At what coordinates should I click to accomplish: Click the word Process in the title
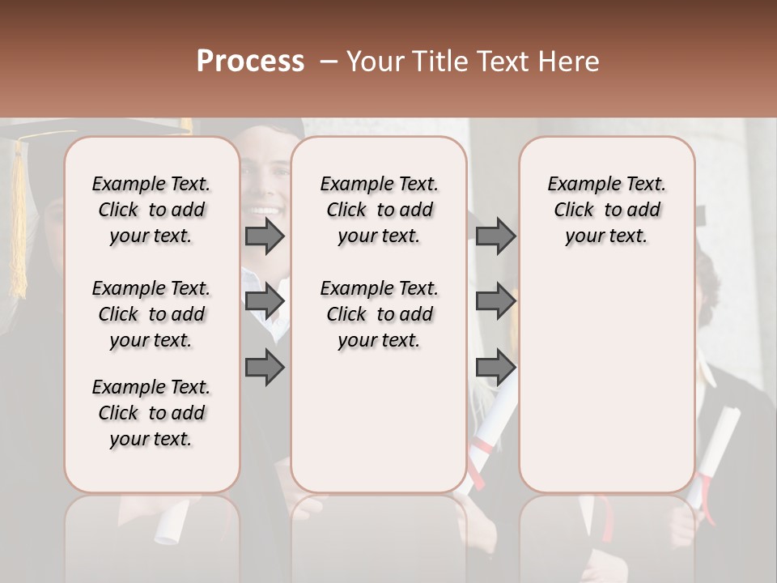point(250,62)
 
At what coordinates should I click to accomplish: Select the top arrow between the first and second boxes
point(265,236)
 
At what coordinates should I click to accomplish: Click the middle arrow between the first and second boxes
point(265,302)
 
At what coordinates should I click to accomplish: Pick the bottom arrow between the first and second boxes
point(265,368)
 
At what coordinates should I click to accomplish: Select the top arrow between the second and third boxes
point(495,236)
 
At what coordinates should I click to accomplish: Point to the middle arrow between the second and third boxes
point(495,302)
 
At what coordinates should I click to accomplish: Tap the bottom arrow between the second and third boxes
point(495,368)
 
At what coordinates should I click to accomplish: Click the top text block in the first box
point(151,210)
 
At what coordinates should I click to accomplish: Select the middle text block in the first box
point(151,314)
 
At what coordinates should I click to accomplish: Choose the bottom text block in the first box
point(151,413)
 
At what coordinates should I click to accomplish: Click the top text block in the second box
point(380,210)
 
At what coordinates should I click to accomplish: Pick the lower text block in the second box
point(380,314)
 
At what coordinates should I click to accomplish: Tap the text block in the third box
point(607,210)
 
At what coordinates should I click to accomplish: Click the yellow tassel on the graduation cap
point(18,219)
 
